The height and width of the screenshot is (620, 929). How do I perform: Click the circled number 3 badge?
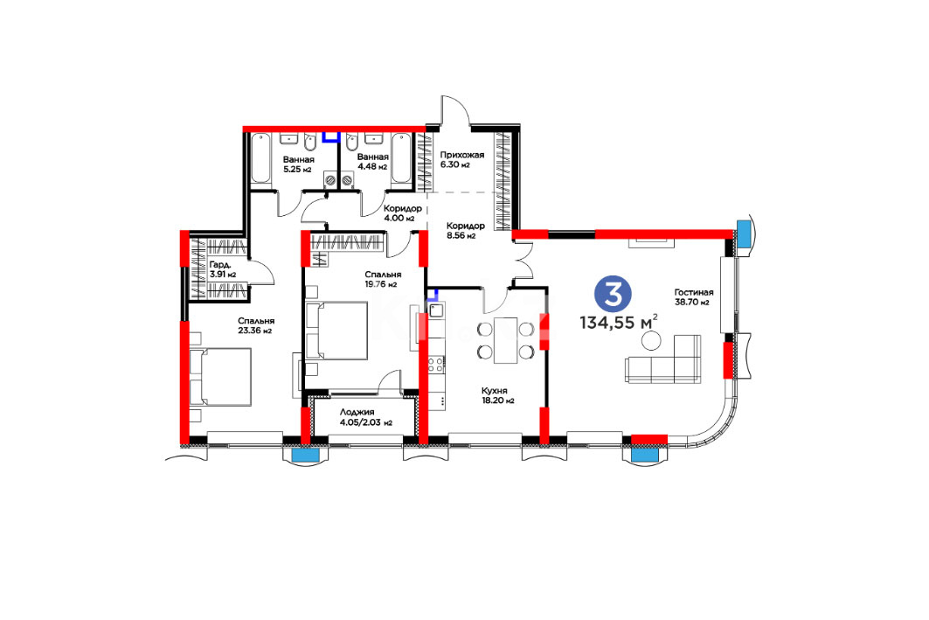(x=614, y=294)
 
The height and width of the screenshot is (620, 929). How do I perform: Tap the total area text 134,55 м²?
(x=619, y=323)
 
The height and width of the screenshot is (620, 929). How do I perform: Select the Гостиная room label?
(x=693, y=292)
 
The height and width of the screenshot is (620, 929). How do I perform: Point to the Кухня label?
(x=494, y=391)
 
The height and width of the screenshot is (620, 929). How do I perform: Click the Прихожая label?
(x=461, y=156)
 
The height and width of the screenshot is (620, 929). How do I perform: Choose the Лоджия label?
(x=357, y=413)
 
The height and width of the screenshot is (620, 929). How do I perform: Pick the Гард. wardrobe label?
(x=218, y=265)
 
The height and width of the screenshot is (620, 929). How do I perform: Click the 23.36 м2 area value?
(x=255, y=331)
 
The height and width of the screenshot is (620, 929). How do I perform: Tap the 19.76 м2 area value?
(x=380, y=284)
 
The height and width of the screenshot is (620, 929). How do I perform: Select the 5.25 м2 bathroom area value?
(x=297, y=170)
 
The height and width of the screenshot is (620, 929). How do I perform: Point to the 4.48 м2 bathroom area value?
(x=372, y=166)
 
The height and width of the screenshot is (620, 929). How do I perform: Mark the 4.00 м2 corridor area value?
(x=399, y=218)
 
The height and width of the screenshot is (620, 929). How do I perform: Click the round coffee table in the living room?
(x=652, y=340)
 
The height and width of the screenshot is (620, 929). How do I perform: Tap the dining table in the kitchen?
(x=505, y=340)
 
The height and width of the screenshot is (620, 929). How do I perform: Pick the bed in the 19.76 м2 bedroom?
(x=336, y=331)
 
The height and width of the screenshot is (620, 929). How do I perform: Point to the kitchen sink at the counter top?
(x=437, y=310)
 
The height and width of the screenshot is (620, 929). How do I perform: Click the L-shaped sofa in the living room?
(x=663, y=359)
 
